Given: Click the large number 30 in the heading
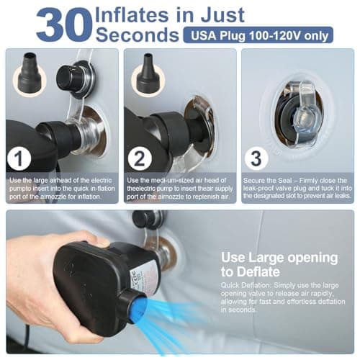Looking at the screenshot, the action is [64, 24].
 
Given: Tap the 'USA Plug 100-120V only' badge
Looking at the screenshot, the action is [258, 35].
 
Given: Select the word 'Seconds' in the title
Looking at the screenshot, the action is [138, 35].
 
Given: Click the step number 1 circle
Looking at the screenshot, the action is [19, 158].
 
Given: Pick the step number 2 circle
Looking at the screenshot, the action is [140, 158].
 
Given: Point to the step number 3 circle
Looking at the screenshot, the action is [256, 158].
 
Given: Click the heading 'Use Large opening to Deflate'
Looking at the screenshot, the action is [279, 264].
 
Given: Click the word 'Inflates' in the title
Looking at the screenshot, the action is [132, 15].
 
